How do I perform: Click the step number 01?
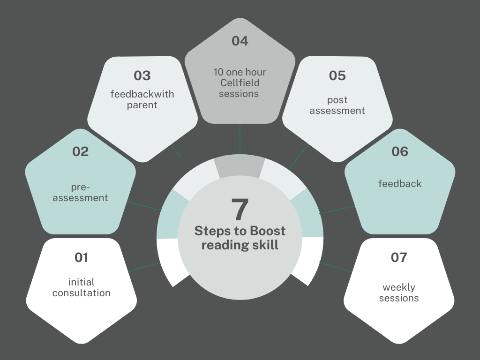pos(81,257)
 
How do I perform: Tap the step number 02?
pos(80,151)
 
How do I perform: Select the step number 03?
pos(142,75)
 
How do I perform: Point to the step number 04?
pos(240,41)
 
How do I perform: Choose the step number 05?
pos(337,75)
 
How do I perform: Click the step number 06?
pos(400,151)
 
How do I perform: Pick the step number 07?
pos(399,257)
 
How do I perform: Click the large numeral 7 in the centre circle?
pos(240,210)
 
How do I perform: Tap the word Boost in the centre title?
pos(267,231)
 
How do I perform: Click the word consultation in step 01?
pos(81,293)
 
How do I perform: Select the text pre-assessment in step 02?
pos(80,192)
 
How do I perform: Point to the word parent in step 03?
pos(142,105)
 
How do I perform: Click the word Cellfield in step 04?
pos(240,83)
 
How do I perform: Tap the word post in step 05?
pos(337,100)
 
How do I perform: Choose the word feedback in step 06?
pos(400,184)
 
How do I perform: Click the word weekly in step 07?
pos(399,287)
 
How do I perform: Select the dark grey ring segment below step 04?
pos(239,167)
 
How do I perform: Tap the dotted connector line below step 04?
pos(240,139)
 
